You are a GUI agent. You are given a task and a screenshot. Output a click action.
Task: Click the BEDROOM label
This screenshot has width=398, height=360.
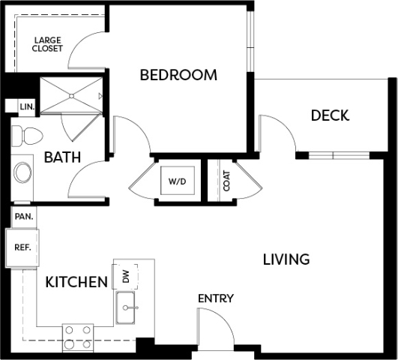tap(178, 75)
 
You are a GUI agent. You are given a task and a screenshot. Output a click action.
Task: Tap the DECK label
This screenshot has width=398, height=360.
tap(330, 115)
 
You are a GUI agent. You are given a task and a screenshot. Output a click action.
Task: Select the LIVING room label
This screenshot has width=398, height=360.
tap(286, 259)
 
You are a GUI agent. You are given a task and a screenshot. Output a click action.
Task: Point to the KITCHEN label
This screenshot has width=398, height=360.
tap(76, 282)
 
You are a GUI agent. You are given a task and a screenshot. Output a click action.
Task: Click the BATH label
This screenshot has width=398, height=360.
tap(62, 157)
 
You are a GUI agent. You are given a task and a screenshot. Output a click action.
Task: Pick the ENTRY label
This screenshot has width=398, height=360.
tap(216, 298)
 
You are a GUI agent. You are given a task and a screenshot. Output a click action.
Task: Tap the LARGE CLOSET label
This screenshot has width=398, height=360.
tap(47, 44)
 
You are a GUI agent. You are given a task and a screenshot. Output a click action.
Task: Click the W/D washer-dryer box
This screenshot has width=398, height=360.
tap(178, 181)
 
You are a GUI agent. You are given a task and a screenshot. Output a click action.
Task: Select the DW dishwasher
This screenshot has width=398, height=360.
tap(125, 277)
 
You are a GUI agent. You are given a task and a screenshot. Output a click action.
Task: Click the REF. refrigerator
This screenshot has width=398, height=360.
tap(22, 247)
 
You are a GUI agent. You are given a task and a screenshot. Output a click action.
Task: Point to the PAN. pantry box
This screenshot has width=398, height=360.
tap(24, 217)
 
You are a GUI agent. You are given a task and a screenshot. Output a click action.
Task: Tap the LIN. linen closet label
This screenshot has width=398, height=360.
tap(27, 107)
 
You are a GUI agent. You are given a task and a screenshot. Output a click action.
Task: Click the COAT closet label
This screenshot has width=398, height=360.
tap(226, 181)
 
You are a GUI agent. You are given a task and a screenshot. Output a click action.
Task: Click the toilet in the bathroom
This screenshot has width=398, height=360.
tap(27, 136)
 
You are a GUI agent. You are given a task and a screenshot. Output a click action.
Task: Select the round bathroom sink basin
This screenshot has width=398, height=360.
tap(22, 172)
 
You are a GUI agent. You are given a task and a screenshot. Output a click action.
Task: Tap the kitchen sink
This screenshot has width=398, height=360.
tap(125, 307)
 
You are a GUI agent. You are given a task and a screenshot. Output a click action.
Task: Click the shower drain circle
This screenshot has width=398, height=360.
tap(71, 96)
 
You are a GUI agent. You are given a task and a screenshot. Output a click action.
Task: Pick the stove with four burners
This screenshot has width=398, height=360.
tap(78, 338)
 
